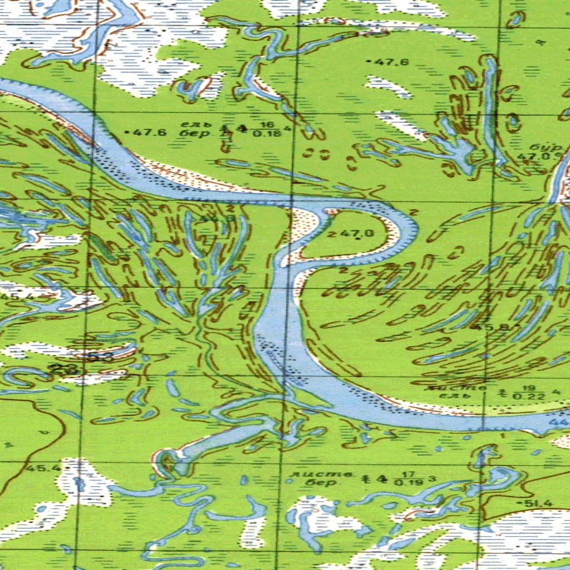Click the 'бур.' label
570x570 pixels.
tap(547, 147)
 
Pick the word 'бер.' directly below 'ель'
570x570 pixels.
tap(191, 134)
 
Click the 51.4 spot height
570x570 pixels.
tap(538, 504)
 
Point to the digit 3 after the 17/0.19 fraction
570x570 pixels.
tap(431, 479)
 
